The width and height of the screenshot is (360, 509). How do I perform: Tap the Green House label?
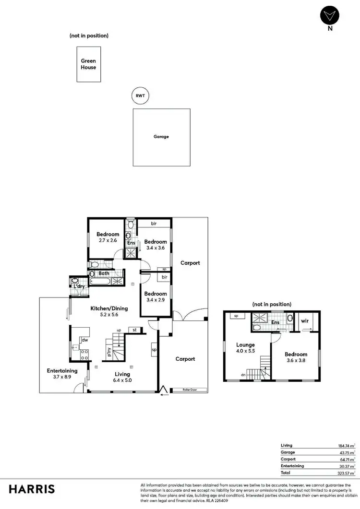(88, 64)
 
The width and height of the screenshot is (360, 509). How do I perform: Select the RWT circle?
(140, 96)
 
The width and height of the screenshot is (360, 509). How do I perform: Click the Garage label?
(161, 137)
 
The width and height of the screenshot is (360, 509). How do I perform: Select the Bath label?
(104, 273)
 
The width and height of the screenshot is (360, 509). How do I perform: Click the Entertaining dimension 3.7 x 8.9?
(62, 378)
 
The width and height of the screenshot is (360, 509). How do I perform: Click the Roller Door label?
(189, 390)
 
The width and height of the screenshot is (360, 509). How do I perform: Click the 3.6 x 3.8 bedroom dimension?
(296, 361)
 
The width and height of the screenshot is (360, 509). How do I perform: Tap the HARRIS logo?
(32, 489)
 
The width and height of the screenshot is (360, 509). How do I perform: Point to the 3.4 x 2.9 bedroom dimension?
(156, 300)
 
